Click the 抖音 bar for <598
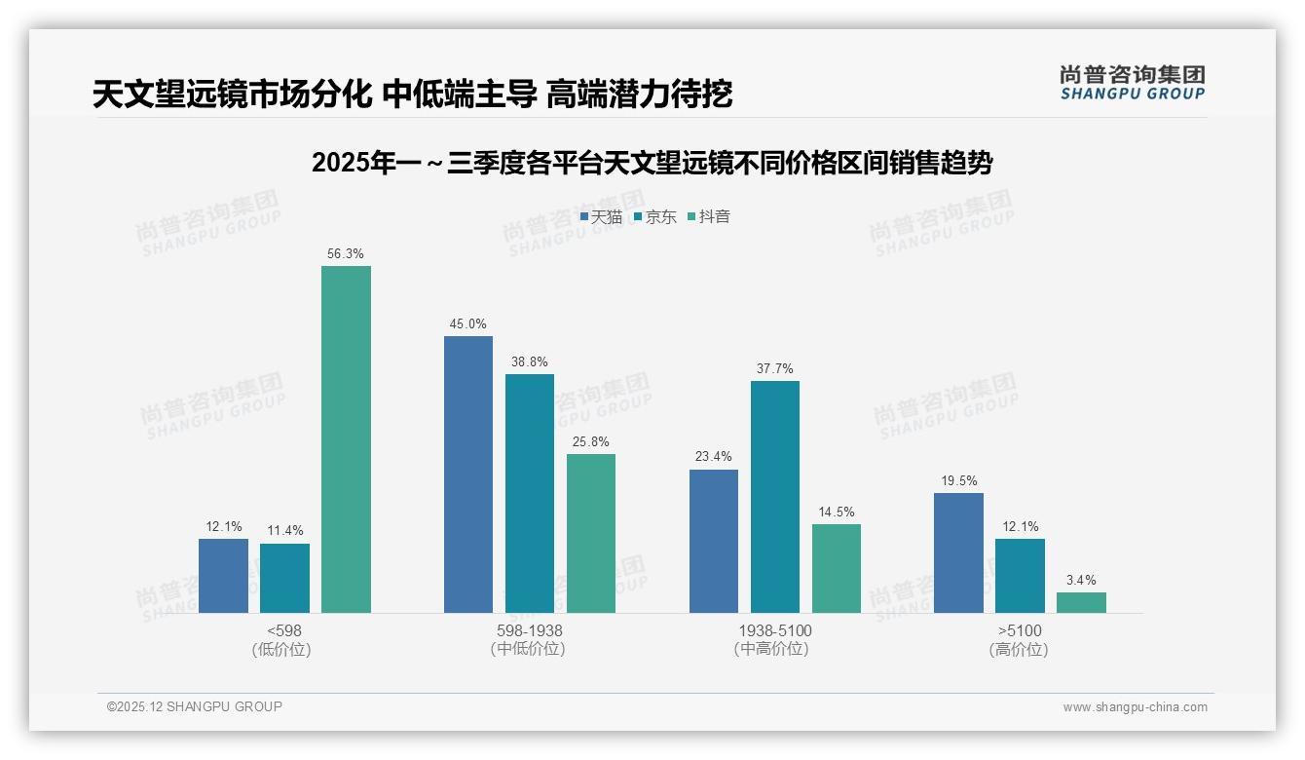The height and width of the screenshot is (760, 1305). coord(346,439)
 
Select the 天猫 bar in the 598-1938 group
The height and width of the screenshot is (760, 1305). coord(468,475)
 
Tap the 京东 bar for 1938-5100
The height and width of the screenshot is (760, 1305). coord(775,497)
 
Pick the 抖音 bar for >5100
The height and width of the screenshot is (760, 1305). coord(1081,602)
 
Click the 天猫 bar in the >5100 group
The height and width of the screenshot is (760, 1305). coord(958,552)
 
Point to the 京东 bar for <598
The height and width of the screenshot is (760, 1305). coord(284,578)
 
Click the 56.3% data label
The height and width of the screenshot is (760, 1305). coord(346,253)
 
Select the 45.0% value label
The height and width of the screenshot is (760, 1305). coord(468,323)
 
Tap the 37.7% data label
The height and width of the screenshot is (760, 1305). coord(775,368)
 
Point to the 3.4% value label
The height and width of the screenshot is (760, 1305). coord(1081,580)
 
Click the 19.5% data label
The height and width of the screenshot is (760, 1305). coord(958,480)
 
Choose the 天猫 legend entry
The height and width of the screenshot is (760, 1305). coord(602,217)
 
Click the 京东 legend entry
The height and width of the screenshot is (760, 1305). coord(655,217)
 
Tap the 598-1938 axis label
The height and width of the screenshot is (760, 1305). coord(530,630)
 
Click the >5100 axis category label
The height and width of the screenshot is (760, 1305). coord(1020,630)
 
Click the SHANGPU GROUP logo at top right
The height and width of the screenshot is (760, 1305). coord(1132,82)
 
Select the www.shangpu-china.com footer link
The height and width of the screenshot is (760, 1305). coord(1135,707)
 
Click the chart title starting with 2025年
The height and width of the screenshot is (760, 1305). coord(652,164)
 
